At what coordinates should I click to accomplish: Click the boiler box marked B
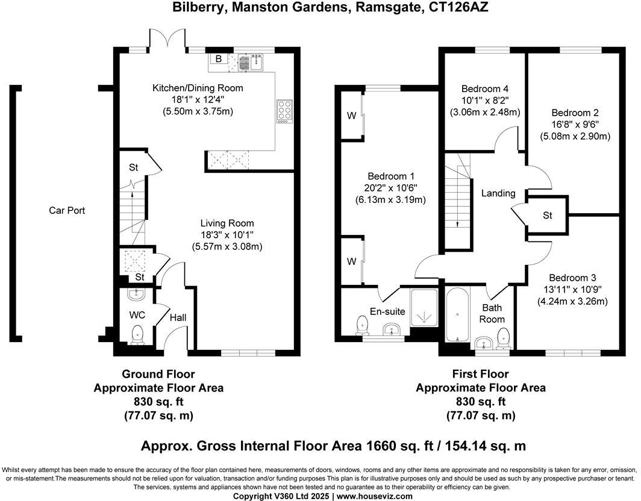[x=219, y=59]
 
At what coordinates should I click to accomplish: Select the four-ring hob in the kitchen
[x=284, y=111]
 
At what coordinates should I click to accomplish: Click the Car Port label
[x=67, y=211]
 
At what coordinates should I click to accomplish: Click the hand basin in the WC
[x=137, y=294]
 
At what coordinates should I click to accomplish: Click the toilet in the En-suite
[x=362, y=325]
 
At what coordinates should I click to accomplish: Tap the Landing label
[x=498, y=193]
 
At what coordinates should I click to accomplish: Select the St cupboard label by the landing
[x=547, y=215]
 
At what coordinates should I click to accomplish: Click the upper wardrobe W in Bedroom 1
[x=351, y=115]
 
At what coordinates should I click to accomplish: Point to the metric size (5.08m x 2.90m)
[x=575, y=136]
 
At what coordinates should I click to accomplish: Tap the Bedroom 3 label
[x=572, y=278]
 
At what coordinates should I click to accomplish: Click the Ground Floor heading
[x=158, y=375]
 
